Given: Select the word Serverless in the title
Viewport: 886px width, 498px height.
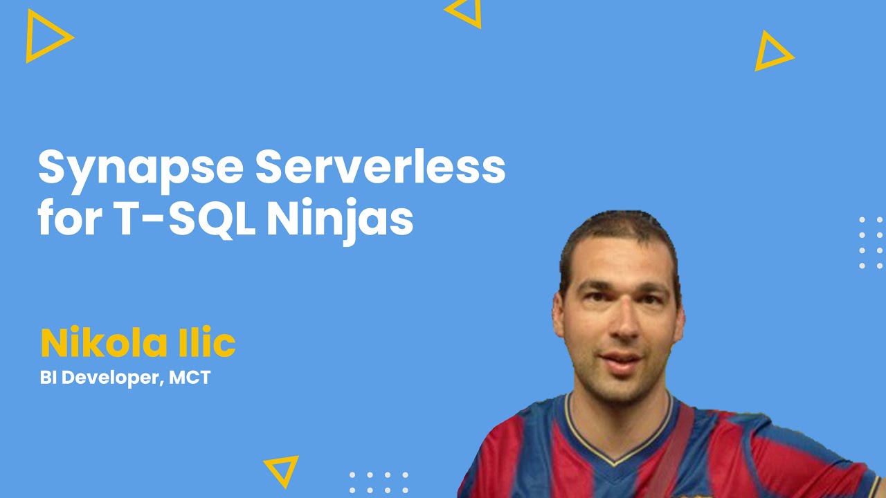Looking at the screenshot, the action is pyautogui.click(x=380, y=166).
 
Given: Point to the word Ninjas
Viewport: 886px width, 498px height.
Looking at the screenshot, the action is pyautogui.click(x=341, y=221).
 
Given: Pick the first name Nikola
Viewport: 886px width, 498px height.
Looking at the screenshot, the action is pyautogui.click(x=104, y=342).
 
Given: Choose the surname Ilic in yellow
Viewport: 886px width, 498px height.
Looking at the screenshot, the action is pyautogui.click(x=207, y=342).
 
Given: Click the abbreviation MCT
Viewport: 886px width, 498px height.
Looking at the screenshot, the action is pyautogui.click(x=190, y=378).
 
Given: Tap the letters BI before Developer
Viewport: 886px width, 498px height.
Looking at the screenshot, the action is pyautogui.click(x=48, y=378).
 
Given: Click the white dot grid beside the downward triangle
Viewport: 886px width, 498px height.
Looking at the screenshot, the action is pyautogui.click(x=379, y=482).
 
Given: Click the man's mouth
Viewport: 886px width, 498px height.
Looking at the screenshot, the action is pyautogui.click(x=622, y=362).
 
